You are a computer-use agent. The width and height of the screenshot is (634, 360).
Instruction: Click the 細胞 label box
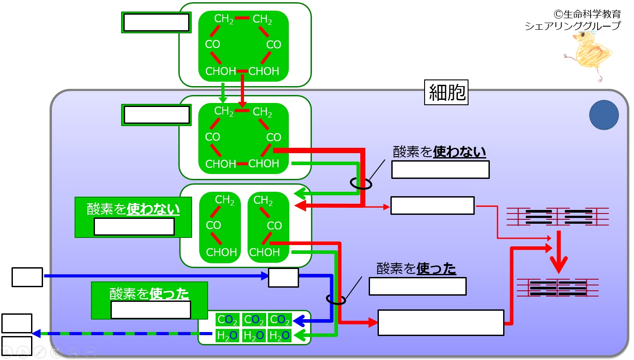pyautogui.click(x=446, y=92)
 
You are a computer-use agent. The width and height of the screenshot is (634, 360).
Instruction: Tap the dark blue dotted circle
pyautogui.click(x=604, y=115)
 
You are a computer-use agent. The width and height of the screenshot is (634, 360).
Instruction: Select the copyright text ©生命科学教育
pyautogui.click(x=587, y=14)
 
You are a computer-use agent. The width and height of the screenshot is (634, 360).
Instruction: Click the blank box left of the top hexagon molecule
pyautogui.click(x=156, y=22)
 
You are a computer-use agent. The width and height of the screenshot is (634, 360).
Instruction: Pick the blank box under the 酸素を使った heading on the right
pyautogui.click(x=417, y=286)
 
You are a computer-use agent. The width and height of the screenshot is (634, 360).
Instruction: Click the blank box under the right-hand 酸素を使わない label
pyautogui.click(x=441, y=170)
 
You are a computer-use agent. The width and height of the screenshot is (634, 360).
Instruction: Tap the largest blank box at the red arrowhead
pyautogui.click(x=441, y=323)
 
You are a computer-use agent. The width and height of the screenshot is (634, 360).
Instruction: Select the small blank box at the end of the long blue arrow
pyautogui.click(x=284, y=278)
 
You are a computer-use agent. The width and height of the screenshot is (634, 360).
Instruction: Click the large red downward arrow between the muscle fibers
pyautogui.click(x=559, y=252)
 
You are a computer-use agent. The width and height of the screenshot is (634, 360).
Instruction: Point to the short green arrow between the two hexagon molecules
pyautogui.click(x=223, y=93)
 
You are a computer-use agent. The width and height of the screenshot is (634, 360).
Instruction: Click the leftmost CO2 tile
pyautogui.click(x=227, y=320)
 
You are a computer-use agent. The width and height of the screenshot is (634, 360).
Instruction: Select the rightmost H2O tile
pyautogui.click(x=279, y=336)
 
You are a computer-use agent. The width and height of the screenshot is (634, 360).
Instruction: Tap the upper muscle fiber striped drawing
pyautogui.click(x=558, y=217)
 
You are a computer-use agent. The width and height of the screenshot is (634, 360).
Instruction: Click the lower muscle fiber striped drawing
pyautogui.click(x=558, y=288)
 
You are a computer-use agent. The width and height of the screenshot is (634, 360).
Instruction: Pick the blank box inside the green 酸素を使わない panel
pyautogui.click(x=134, y=226)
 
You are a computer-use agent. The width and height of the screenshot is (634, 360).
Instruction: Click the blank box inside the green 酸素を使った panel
pyautogui.click(x=151, y=310)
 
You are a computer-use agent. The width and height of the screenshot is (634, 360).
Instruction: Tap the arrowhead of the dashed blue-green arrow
pyautogui.click(x=36, y=334)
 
